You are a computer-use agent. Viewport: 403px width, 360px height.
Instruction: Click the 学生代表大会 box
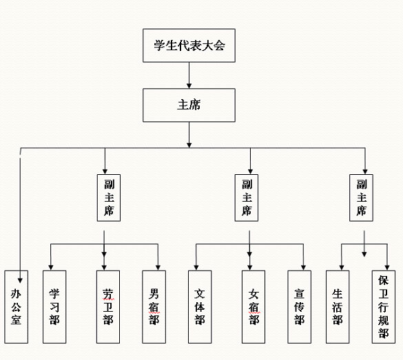[189, 45]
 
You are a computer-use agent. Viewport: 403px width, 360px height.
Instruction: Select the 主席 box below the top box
[189, 105]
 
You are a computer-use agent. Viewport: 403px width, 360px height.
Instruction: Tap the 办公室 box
[17, 306]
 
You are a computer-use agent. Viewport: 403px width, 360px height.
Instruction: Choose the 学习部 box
[54, 306]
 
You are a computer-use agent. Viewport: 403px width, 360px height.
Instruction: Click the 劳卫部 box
[108, 306]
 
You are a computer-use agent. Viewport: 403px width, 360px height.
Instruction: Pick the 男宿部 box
[154, 306]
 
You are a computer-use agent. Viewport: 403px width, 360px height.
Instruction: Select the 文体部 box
[200, 306]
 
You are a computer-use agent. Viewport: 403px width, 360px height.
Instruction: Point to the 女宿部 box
[254, 306]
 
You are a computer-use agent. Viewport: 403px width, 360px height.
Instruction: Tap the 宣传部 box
[299, 306]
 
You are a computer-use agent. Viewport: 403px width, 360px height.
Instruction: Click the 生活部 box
[338, 306]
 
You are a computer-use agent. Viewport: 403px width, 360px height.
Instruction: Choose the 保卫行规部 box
[384, 306]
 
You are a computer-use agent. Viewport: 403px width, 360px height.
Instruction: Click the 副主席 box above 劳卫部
[109, 198]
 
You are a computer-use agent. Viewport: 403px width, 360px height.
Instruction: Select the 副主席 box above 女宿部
[247, 198]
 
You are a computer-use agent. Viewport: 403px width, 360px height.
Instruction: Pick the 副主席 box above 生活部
[361, 198]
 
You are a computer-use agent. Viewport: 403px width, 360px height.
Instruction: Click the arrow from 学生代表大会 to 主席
[189, 75]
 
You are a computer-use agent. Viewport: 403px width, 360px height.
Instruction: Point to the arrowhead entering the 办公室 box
[20, 280]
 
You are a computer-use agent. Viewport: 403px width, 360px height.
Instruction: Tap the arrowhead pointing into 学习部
[51, 267]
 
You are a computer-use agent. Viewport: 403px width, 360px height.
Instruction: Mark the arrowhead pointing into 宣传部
[303, 267]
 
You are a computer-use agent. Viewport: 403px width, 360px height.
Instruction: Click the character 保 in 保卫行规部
[383, 280]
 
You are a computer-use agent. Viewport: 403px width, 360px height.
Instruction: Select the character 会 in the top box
[219, 45]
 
